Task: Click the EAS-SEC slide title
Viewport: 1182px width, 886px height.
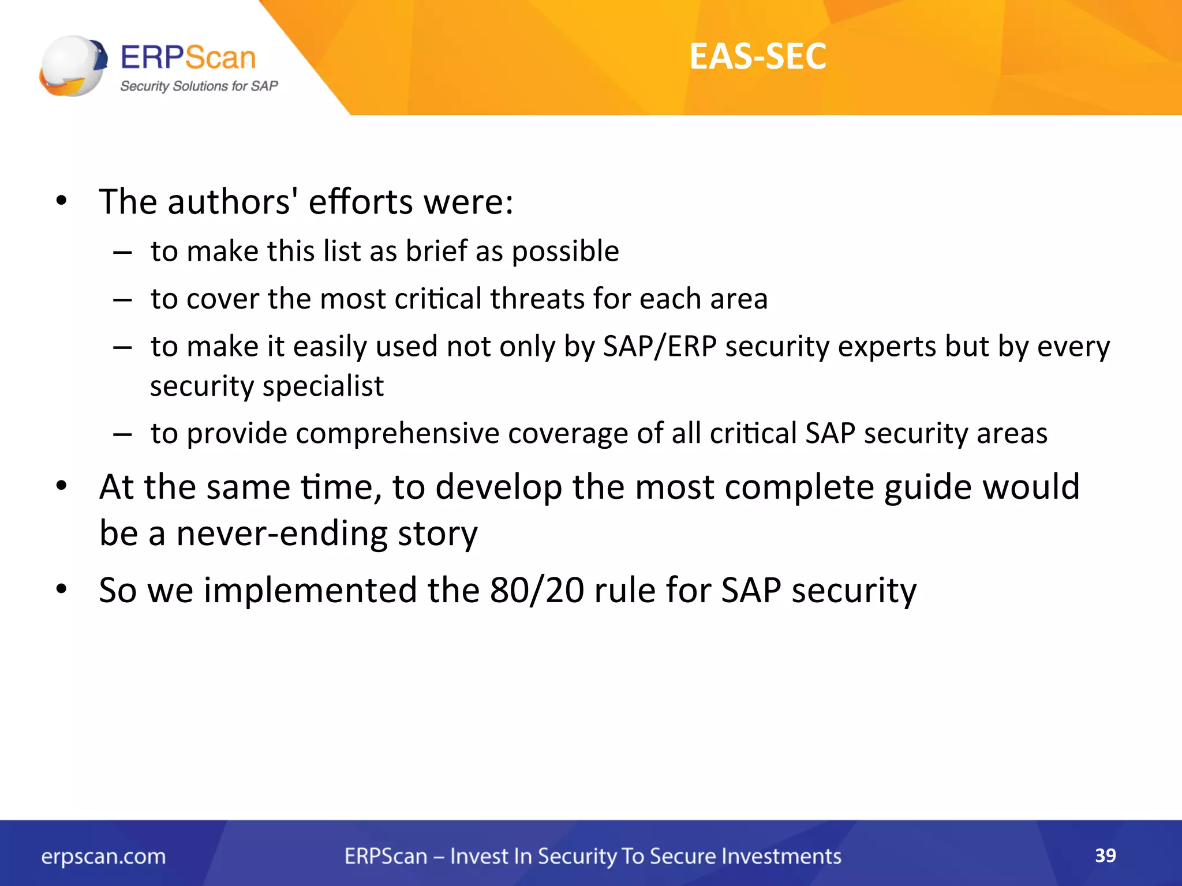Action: coord(757,57)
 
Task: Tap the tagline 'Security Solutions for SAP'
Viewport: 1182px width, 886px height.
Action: coord(199,86)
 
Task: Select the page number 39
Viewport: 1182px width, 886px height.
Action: coord(1105,855)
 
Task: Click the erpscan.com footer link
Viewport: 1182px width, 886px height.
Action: coord(103,857)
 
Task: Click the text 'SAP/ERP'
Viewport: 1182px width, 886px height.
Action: coord(660,347)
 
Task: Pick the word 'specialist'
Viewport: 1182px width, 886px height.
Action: coord(323,386)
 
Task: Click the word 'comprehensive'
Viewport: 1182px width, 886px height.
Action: coord(397,433)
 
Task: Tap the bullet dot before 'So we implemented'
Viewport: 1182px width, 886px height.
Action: coord(62,590)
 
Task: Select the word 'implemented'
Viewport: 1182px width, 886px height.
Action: coord(310,590)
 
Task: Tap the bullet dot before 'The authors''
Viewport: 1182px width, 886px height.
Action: coord(62,201)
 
